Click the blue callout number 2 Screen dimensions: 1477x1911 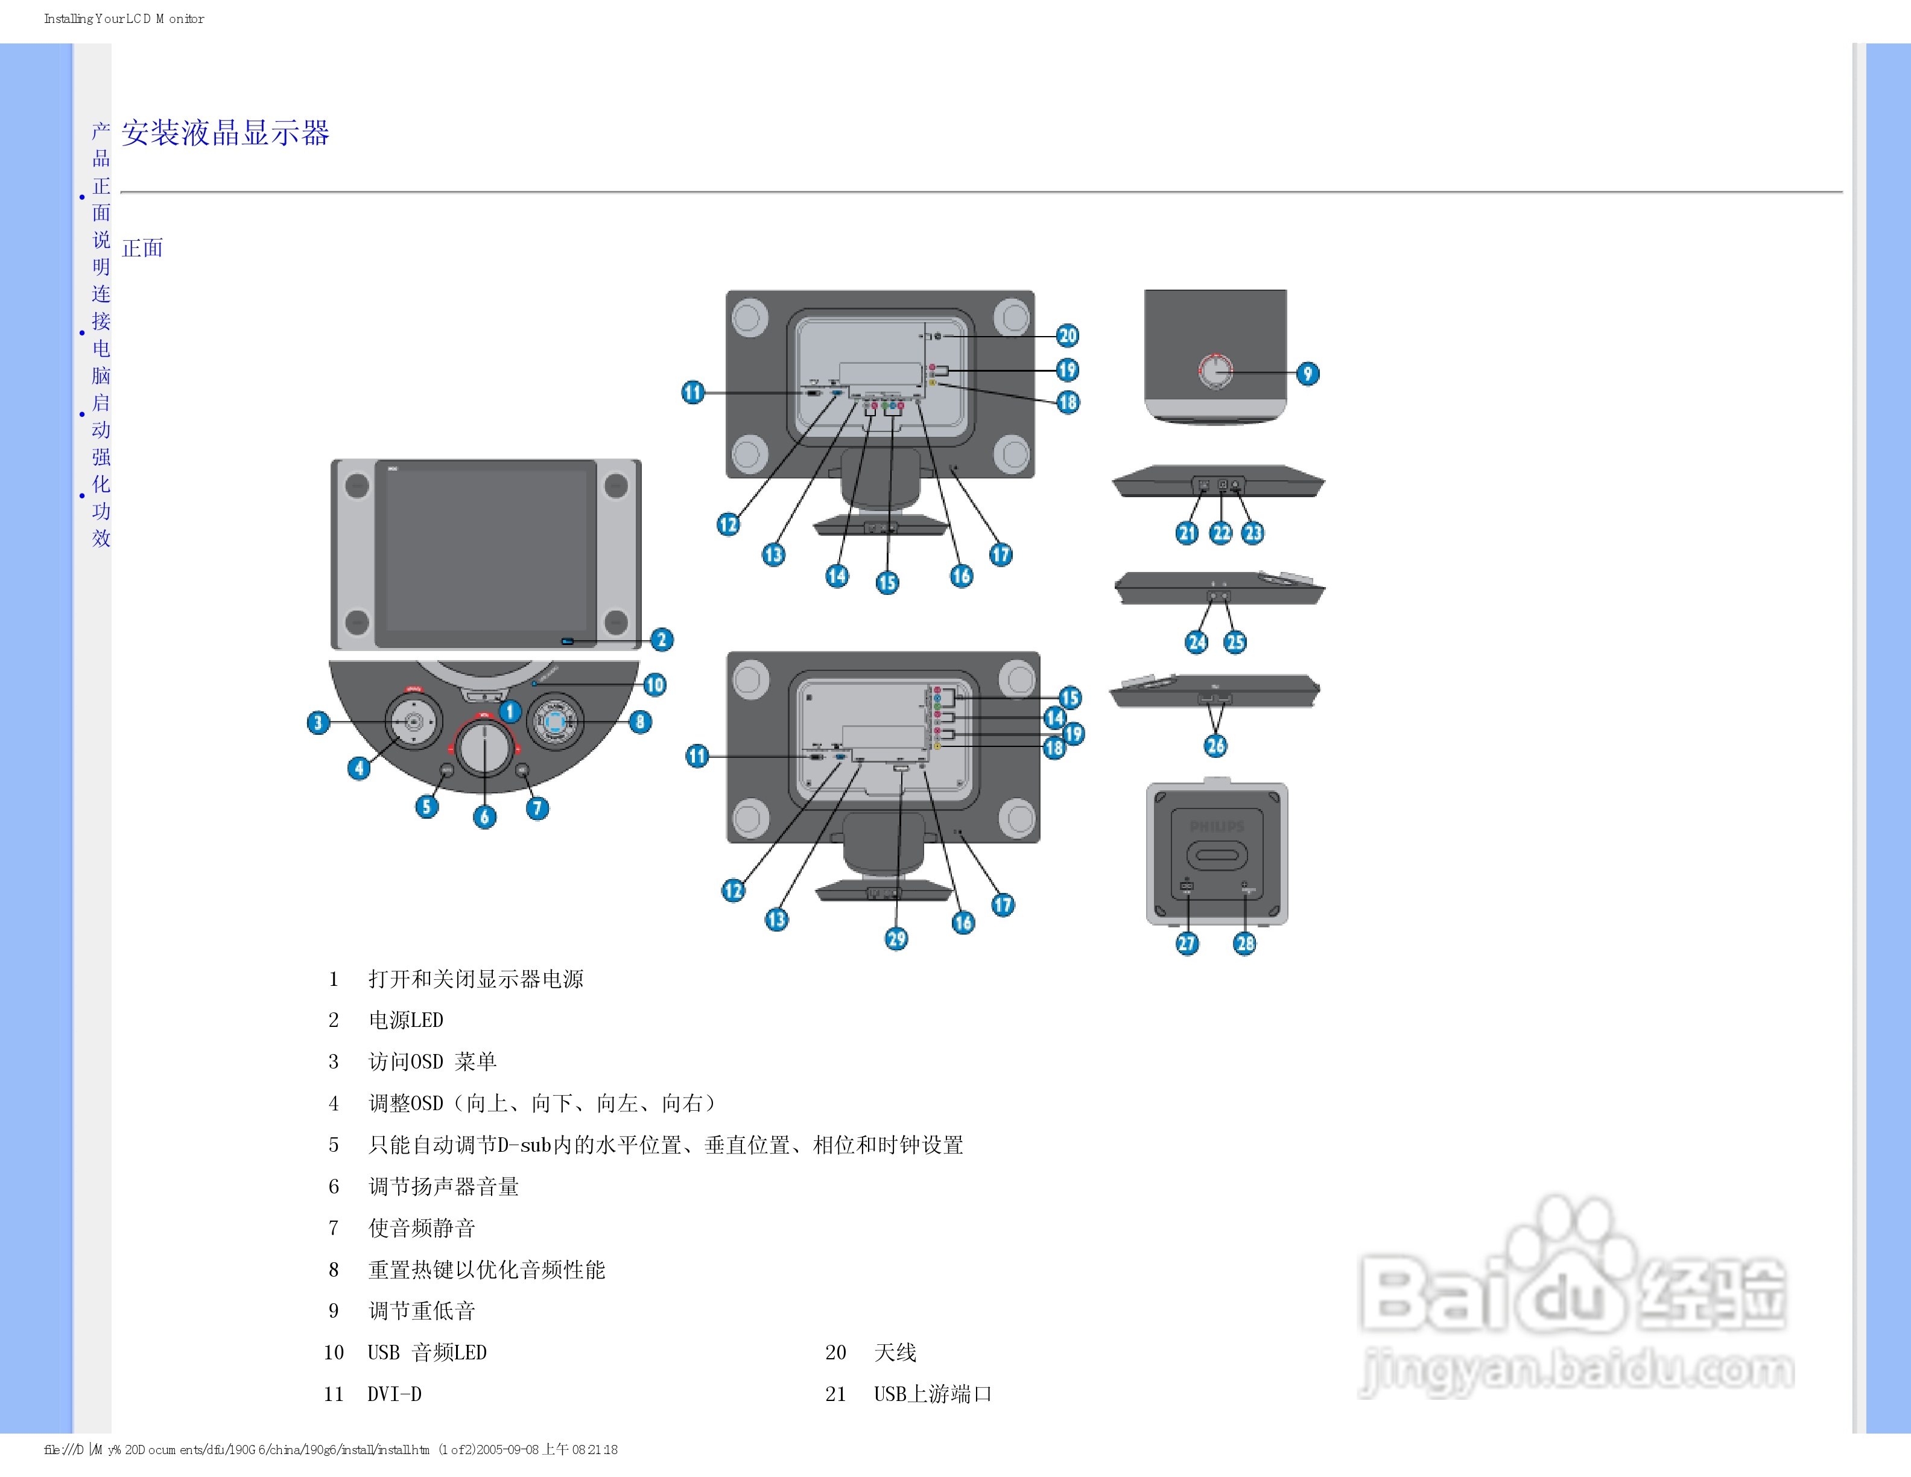pos(662,640)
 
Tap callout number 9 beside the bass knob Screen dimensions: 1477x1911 pos(1307,373)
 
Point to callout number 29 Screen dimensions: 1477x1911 pos(896,939)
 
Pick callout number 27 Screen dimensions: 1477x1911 pos(1187,943)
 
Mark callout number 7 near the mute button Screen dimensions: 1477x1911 pos(537,808)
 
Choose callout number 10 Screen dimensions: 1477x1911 pos(654,684)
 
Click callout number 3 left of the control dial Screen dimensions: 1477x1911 pos(318,722)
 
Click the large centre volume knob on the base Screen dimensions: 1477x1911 pos(484,748)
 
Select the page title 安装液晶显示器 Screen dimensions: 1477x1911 pos(225,133)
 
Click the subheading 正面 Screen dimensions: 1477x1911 pos(142,249)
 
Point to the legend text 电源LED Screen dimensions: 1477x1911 pos(406,1020)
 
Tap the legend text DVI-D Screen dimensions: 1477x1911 pos(395,1394)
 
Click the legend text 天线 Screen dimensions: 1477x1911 pos(895,1353)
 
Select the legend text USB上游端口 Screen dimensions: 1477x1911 pos(933,1394)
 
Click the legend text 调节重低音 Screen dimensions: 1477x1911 pos(422,1310)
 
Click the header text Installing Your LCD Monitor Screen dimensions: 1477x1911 pos(124,18)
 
